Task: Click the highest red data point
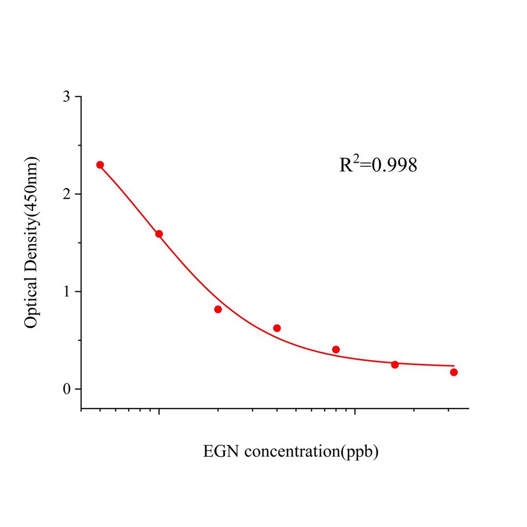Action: tap(100, 165)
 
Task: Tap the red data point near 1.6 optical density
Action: tap(159, 234)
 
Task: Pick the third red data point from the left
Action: tap(218, 309)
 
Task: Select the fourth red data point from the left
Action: tap(277, 328)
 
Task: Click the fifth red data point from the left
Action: tap(336, 349)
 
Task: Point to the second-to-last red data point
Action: tap(395, 365)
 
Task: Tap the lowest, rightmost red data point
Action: tap(454, 372)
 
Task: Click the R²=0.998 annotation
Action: tap(378, 165)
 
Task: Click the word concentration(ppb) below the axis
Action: tap(311, 452)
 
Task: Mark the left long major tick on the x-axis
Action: tap(159, 412)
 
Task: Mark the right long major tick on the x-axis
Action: tap(355, 412)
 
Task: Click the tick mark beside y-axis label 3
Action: tap(78, 97)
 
